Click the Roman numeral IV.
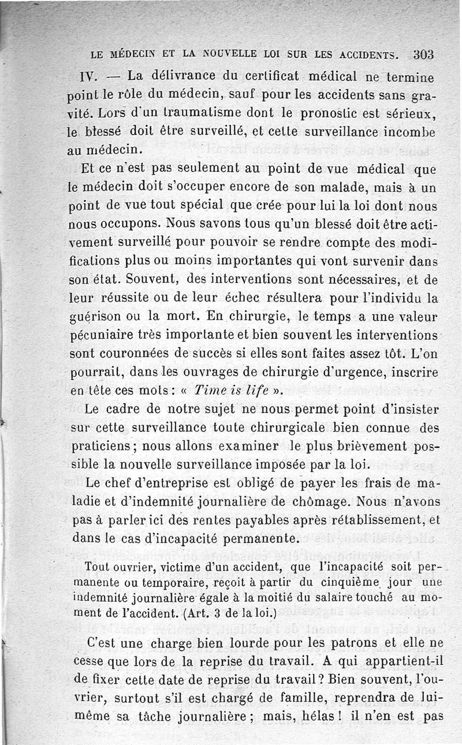point(91,77)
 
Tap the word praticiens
point(103,446)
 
